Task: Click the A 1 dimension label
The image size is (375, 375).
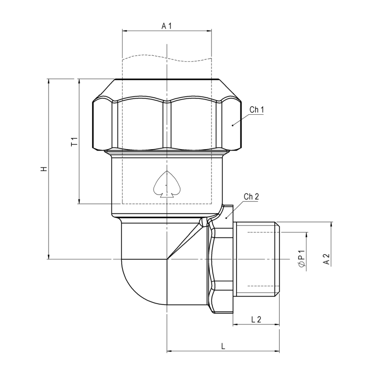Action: click(167, 26)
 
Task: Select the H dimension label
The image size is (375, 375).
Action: click(44, 169)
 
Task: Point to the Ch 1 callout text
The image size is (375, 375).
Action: click(257, 110)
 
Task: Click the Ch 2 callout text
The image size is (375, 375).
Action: click(251, 197)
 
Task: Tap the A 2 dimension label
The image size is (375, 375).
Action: click(326, 259)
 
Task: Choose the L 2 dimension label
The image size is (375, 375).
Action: click(256, 319)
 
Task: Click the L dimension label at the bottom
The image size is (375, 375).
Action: click(223, 346)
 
